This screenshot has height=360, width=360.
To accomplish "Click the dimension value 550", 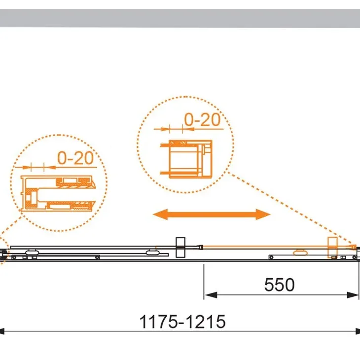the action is pyautogui.click(x=279, y=285).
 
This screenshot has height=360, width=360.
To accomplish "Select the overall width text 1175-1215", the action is pyautogui.click(x=182, y=322).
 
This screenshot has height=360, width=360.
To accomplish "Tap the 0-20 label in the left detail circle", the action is pyautogui.click(x=75, y=158).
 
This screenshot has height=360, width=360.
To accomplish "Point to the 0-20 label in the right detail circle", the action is pyautogui.click(x=202, y=120).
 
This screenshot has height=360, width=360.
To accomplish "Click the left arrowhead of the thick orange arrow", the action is pyautogui.click(x=160, y=215).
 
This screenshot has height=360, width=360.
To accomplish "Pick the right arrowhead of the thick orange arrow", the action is pyautogui.click(x=263, y=215).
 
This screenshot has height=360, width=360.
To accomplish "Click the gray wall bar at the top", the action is pyautogui.click(x=180, y=18).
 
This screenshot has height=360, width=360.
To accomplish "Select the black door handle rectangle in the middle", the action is pyautogui.click(x=180, y=247).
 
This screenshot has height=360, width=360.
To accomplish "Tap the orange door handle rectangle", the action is pyautogui.click(x=332, y=248).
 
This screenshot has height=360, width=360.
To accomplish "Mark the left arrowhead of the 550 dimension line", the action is pyautogui.click(x=211, y=295).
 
